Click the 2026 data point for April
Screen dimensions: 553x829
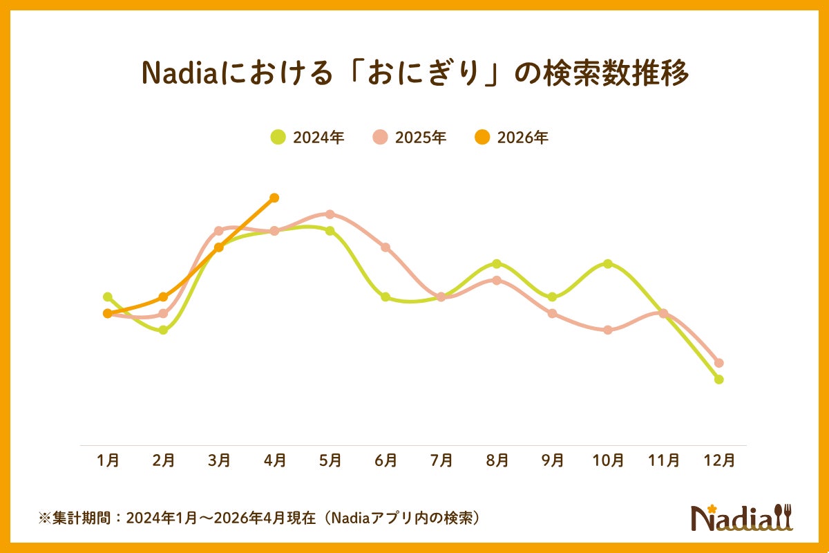point(274,198)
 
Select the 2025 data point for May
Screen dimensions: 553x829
point(330,214)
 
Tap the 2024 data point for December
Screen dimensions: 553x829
point(719,379)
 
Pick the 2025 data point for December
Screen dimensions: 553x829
point(719,363)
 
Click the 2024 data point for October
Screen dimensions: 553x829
point(608,264)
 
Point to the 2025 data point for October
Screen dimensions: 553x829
point(608,330)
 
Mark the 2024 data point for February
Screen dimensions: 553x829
point(164,330)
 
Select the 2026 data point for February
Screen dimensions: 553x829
point(164,297)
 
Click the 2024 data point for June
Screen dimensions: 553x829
point(385,297)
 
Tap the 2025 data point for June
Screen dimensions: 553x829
point(385,247)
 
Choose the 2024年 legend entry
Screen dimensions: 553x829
point(307,138)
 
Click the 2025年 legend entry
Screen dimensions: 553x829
point(410,138)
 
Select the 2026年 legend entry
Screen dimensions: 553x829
point(512,138)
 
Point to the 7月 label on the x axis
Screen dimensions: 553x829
point(441,460)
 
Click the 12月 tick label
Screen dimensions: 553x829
point(719,460)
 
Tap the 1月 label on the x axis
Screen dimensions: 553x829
point(108,460)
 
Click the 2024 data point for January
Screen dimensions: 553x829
point(108,297)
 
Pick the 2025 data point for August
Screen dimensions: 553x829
point(497,280)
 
